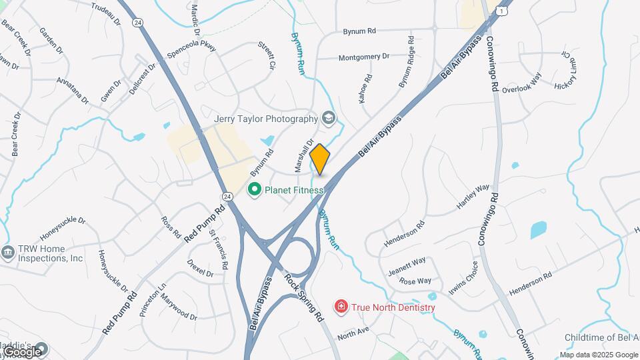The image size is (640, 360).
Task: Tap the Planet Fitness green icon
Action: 254,190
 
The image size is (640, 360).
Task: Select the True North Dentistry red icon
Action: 341,307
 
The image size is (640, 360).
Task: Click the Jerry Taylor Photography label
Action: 266,119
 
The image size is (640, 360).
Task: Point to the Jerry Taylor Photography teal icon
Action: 328,118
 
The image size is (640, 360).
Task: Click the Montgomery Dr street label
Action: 363,57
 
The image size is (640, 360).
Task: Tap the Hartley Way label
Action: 473,197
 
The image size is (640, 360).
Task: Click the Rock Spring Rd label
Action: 303,295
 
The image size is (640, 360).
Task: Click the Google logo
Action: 22,351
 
